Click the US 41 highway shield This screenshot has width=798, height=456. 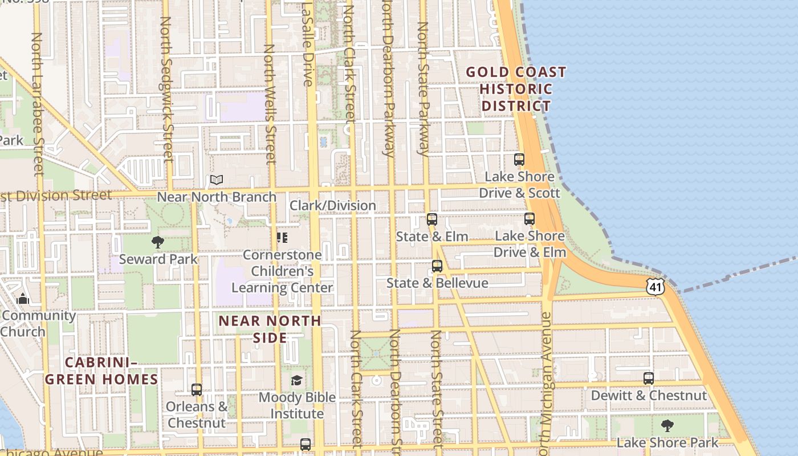(x=655, y=287)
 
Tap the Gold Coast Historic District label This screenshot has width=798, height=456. (x=516, y=89)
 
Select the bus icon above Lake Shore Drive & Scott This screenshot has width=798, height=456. (x=519, y=160)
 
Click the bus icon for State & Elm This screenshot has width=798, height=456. (x=432, y=219)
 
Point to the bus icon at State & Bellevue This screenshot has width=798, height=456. (x=437, y=266)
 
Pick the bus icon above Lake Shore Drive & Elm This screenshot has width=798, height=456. (x=530, y=219)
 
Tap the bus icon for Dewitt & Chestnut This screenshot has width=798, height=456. (x=649, y=378)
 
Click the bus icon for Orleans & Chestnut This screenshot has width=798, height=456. (x=197, y=390)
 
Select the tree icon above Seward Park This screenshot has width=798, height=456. (x=158, y=242)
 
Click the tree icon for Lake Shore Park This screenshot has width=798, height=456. (x=667, y=425)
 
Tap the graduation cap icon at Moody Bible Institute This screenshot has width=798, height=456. (x=296, y=380)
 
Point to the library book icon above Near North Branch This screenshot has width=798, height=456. (x=216, y=180)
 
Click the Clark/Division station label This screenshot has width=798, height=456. (x=333, y=205)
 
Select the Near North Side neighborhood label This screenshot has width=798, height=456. (x=270, y=329)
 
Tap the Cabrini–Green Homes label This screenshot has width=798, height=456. (x=101, y=371)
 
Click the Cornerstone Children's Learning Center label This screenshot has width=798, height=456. (x=282, y=271)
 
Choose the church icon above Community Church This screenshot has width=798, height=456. (x=23, y=299)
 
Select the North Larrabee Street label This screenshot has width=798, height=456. (x=37, y=103)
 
